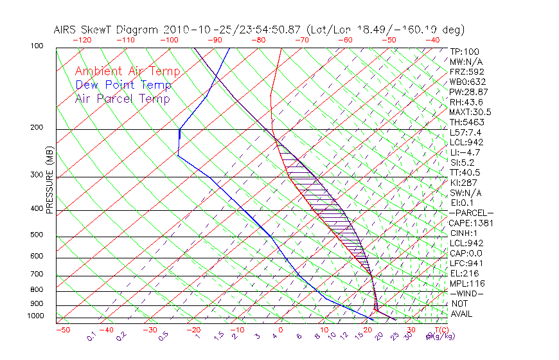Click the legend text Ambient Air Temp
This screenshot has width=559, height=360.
[127, 71]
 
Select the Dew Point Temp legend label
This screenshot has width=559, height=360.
[123, 85]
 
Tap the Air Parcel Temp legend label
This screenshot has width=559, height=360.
[122, 98]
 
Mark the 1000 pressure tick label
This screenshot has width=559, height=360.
[36, 316]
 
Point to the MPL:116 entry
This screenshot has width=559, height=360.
[466, 283]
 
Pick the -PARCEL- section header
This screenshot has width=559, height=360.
[471, 213]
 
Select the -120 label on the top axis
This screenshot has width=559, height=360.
[82, 40]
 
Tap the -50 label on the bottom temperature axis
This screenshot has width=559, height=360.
[62, 330]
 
